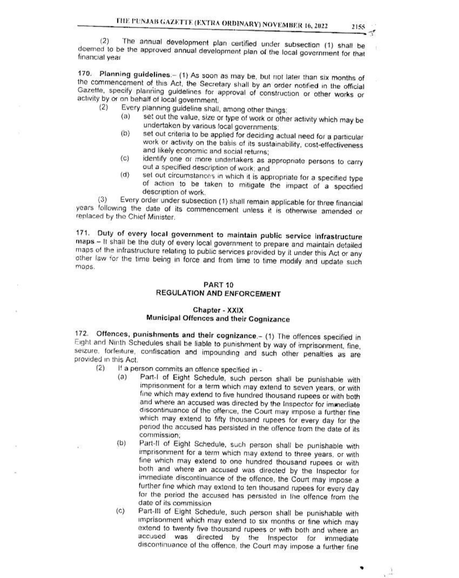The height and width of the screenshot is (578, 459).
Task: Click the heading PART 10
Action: pos(218,285)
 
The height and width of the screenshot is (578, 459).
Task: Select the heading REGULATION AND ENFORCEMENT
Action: pos(218,294)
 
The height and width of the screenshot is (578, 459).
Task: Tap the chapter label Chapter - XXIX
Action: pos(218,310)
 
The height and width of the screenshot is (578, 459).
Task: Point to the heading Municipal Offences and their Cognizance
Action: pos(218,319)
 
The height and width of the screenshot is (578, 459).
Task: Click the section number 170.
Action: pos(85,73)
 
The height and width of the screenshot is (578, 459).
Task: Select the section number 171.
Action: pos(82,234)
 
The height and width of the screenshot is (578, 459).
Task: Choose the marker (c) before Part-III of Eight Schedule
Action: pos(121,511)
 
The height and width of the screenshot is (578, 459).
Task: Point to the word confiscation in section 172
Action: pos(162,352)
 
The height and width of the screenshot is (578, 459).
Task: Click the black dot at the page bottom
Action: pos(362,567)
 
